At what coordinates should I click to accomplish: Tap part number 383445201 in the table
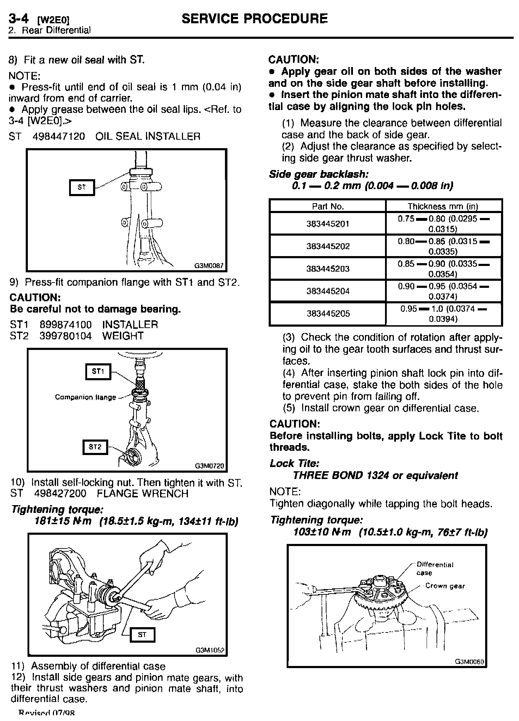[x=328, y=224]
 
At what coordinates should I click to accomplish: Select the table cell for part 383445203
[x=328, y=269]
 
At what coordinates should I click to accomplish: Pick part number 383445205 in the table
[x=328, y=314]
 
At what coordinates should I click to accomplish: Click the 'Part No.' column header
[x=328, y=206]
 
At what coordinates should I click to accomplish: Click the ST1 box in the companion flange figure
[x=98, y=372]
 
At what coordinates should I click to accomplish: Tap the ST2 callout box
[x=95, y=447]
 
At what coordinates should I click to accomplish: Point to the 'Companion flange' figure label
[x=85, y=397]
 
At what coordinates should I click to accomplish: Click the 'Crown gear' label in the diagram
[x=445, y=586]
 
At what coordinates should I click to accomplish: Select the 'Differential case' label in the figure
[x=435, y=568]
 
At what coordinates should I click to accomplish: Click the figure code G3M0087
[x=209, y=266]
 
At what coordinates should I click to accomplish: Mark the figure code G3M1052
[x=210, y=650]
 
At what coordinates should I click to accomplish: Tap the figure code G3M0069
[x=469, y=662]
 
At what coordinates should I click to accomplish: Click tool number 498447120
[x=59, y=137]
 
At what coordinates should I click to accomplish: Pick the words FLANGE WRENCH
[x=142, y=493]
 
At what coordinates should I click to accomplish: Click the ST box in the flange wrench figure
[x=142, y=635]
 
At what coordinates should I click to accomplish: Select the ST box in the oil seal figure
[x=81, y=187]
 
